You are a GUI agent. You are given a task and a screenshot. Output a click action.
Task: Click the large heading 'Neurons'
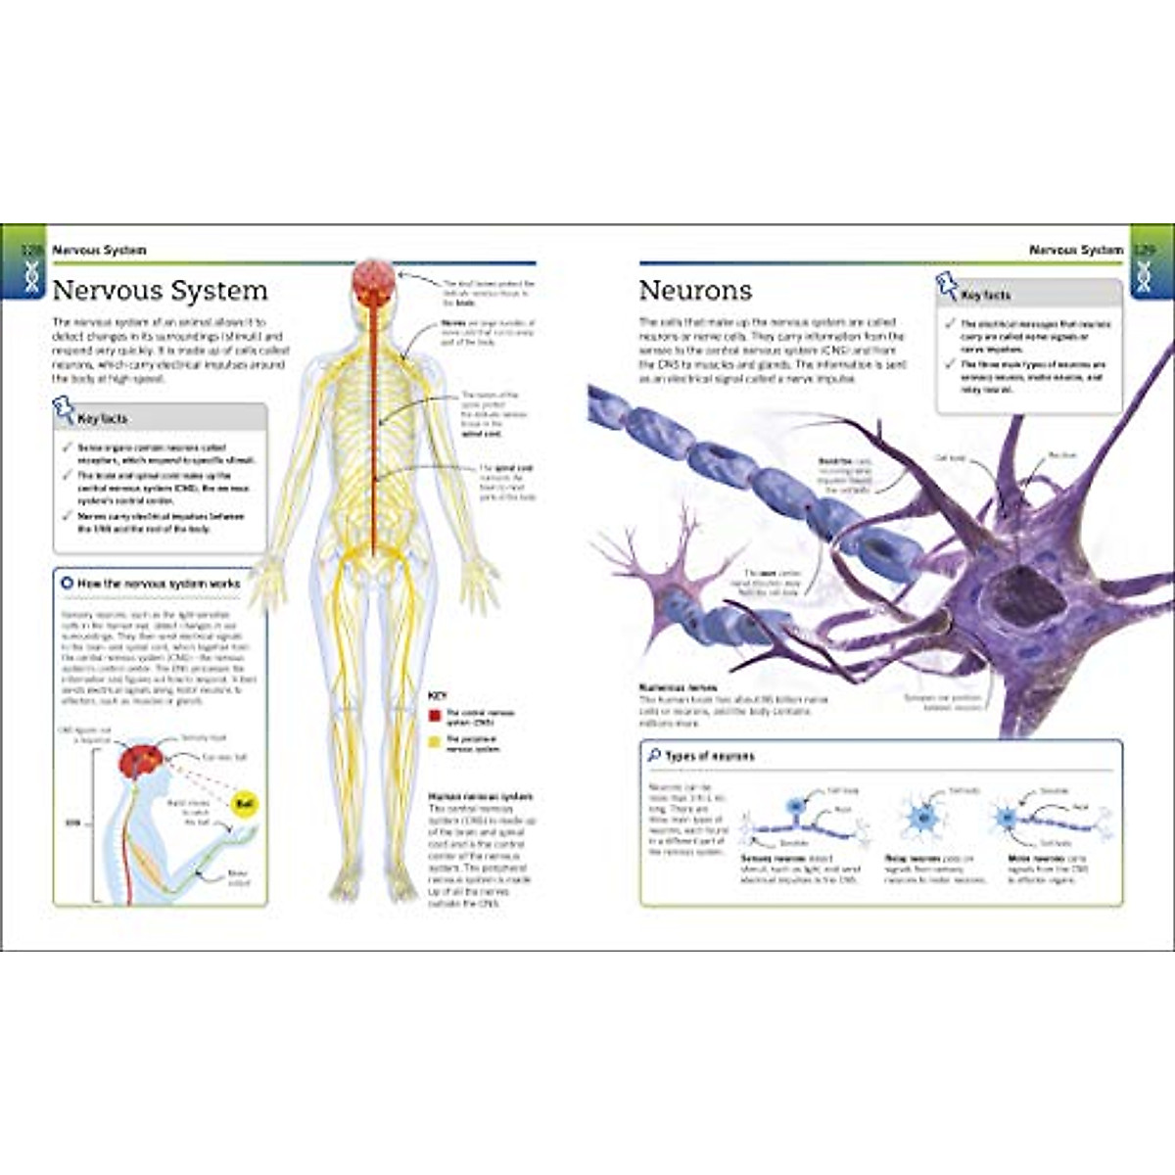point(695,291)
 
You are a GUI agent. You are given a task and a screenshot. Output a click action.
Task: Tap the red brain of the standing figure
point(374,281)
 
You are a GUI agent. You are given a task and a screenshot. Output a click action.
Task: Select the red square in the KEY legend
point(435,716)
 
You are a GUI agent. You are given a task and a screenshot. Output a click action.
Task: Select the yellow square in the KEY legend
point(435,742)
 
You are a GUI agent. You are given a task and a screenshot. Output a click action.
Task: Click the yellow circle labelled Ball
point(243,804)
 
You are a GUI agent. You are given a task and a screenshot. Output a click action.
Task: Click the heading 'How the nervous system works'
point(158,584)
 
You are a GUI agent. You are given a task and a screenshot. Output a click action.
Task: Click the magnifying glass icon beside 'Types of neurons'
point(653,756)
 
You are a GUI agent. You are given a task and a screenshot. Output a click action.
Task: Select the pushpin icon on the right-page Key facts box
point(947,286)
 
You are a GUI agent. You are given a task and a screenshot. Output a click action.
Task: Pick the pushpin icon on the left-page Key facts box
point(64,409)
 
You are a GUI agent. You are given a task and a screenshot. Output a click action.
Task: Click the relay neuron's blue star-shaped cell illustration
point(919,816)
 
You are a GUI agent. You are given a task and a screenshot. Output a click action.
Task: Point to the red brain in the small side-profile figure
point(139,761)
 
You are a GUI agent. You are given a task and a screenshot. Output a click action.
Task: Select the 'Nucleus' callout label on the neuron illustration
point(1061,455)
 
